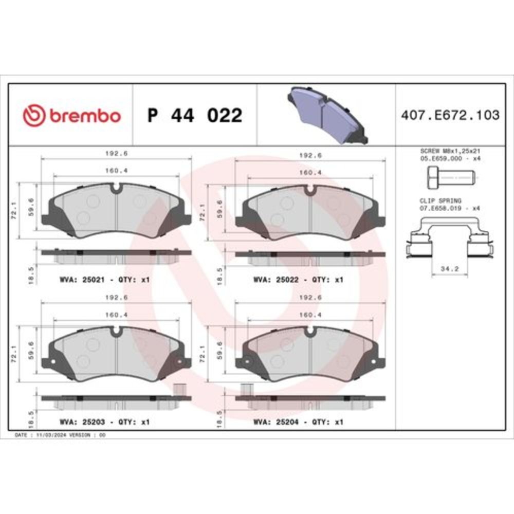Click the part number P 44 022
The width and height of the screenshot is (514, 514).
coord(194,116)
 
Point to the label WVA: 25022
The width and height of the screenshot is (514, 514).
coord(272,280)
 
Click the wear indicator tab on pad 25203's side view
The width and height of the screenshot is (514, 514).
coord(180,390)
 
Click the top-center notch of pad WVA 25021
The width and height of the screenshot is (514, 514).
coord(117,189)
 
